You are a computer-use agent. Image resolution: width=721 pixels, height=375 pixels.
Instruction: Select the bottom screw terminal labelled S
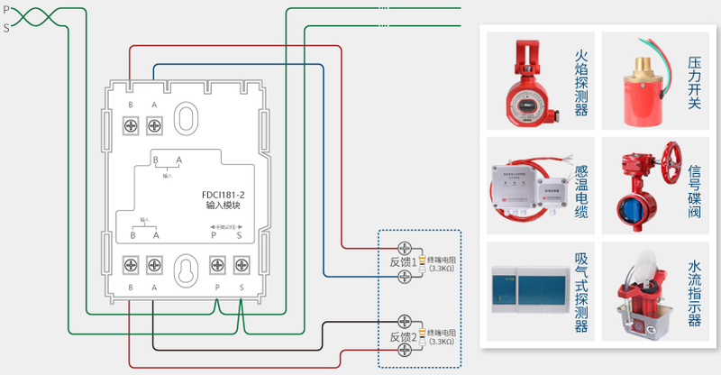pos(241,265)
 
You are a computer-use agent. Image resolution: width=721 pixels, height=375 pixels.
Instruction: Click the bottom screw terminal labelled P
pos(216,265)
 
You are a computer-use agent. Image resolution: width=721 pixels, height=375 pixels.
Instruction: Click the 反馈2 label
pos(401,337)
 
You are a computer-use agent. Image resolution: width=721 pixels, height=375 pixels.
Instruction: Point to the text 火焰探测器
pos(581,83)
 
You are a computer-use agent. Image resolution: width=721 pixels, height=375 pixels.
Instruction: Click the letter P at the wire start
pos(6,9)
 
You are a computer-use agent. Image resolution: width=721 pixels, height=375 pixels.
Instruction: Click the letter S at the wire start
pos(6,28)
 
